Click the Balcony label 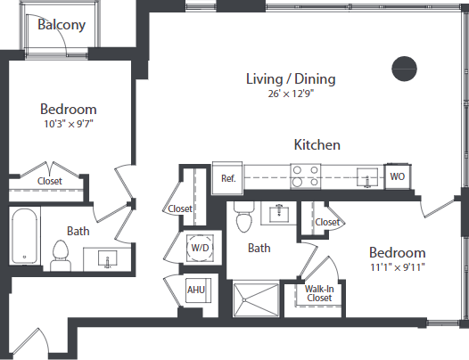62,24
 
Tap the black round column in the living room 405,67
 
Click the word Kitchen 317,144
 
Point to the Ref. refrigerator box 228,178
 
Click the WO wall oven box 397,177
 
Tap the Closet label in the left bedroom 50,181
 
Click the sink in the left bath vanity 107,260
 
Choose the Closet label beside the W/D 180,209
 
